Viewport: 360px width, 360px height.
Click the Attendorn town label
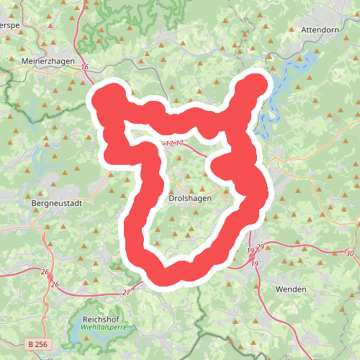tap(318, 32)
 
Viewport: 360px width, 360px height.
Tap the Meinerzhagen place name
tap(48, 61)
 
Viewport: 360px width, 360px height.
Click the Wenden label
tap(291, 289)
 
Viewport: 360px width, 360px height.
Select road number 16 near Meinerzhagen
tap(86, 67)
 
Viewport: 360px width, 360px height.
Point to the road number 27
tap(127, 292)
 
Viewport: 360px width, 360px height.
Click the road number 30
tap(350, 253)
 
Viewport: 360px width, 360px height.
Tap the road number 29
tap(260, 248)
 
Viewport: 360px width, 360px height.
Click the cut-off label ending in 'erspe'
tap(9, 24)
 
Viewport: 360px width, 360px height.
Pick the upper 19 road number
tap(251, 250)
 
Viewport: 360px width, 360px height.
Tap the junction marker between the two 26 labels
tap(50, 278)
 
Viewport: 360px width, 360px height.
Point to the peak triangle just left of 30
tap(337, 253)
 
